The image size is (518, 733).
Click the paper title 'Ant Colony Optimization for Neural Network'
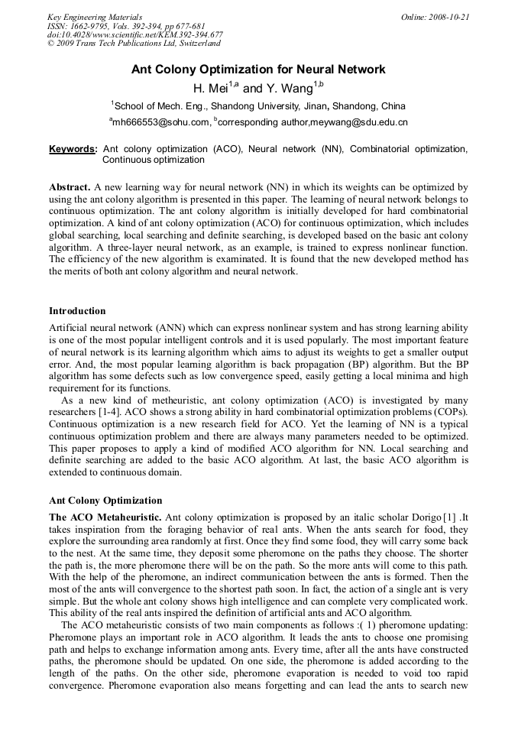pyautogui.click(x=258, y=70)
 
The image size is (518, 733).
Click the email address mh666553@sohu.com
pyautogui.click(x=161, y=122)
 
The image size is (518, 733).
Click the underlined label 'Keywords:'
pyautogui.click(x=73, y=149)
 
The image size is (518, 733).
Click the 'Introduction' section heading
pyautogui.click(x=77, y=311)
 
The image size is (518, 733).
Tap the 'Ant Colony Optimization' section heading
pyautogui.click(x=105, y=501)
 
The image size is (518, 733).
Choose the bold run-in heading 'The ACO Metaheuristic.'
pyautogui.click(x=105, y=517)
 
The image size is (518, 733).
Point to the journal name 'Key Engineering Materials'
pyautogui.click(x=94, y=17)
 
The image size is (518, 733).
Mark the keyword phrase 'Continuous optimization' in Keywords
pyautogui.click(x=154, y=161)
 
